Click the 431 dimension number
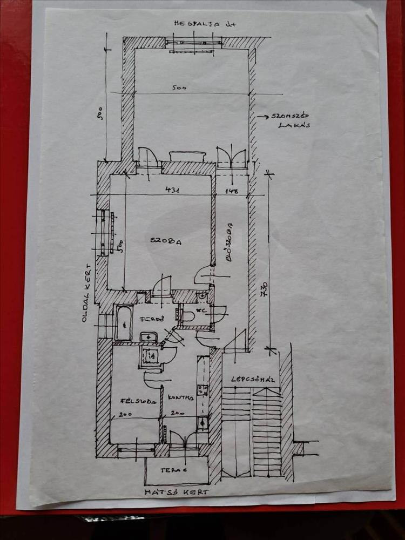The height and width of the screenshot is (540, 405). [173, 190]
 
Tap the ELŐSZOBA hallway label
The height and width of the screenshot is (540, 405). [230, 243]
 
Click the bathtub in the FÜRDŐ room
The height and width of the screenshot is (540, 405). [124, 322]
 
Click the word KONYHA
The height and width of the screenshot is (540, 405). [180, 398]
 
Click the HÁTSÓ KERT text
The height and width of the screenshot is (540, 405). [176, 492]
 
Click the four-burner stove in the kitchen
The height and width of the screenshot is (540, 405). [202, 390]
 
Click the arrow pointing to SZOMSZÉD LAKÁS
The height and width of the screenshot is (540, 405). [263, 116]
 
